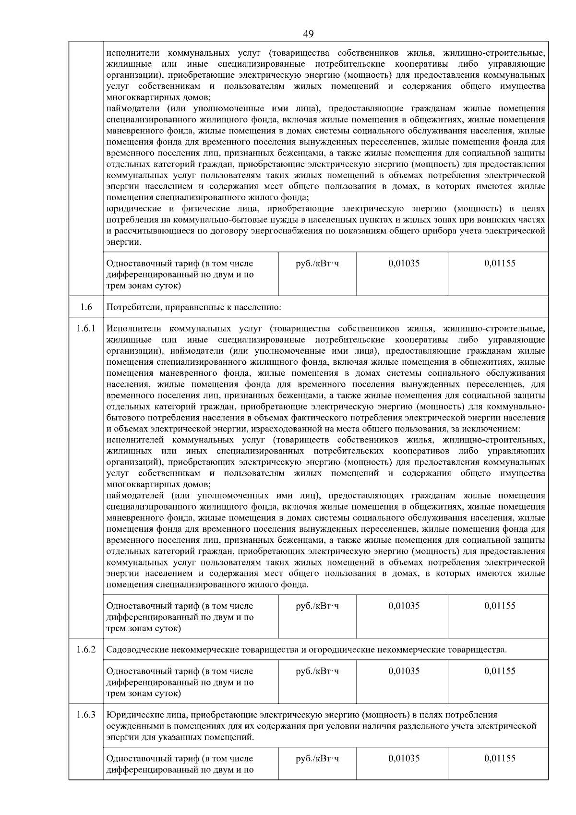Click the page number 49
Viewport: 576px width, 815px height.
coord(309,34)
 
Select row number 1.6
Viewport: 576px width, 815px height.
coord(86,307)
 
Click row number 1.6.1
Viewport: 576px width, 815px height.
coord(86,329)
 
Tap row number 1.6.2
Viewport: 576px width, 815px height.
coord(86,650)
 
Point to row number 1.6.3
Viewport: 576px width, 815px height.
coord(86,715)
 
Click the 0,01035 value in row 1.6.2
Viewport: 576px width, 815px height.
coord(404,671)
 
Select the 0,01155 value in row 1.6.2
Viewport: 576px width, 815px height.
coord(500,671)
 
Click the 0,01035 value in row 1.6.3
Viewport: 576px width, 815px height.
coord(404,758)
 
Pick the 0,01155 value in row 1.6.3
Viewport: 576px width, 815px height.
coord(500,758)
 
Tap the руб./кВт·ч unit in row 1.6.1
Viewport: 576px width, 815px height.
coord(317,606)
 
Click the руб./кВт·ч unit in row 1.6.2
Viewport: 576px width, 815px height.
coord(317,671)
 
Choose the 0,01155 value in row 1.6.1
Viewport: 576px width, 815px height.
coord(500,606)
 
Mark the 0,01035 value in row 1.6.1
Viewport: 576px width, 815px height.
coord(404,606)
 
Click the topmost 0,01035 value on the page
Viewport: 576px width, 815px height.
coord(404,263)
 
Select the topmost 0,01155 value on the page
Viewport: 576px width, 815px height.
coord(500,263)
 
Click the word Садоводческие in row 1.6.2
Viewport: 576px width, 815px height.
coord(135,650)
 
